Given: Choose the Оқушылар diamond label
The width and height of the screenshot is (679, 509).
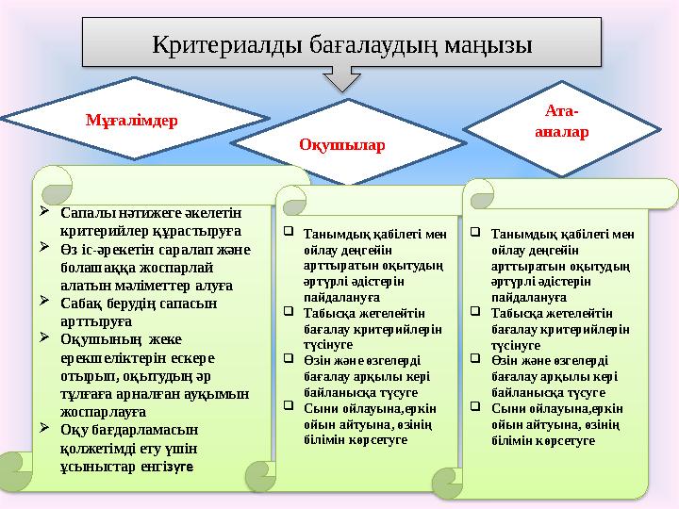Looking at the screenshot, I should pyautogui.click(x=342, y=143).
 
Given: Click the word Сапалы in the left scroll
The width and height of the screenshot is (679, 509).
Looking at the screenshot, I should pyautogui.click(x=83, y=213).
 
